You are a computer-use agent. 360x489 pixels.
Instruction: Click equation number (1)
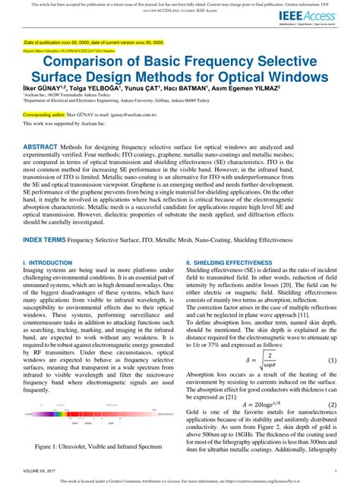[x=331, y=339]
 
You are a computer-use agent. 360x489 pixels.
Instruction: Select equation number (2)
[x=331, y=383]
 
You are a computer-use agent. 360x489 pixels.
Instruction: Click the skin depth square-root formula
[x=259, y=339]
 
